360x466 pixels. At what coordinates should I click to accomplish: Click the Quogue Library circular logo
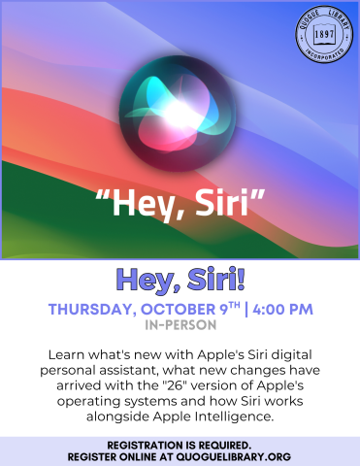tap(323, 36)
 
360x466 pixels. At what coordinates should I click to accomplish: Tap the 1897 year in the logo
tap(323, 35)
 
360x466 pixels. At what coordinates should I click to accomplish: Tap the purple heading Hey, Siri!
tap(180, 280)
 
